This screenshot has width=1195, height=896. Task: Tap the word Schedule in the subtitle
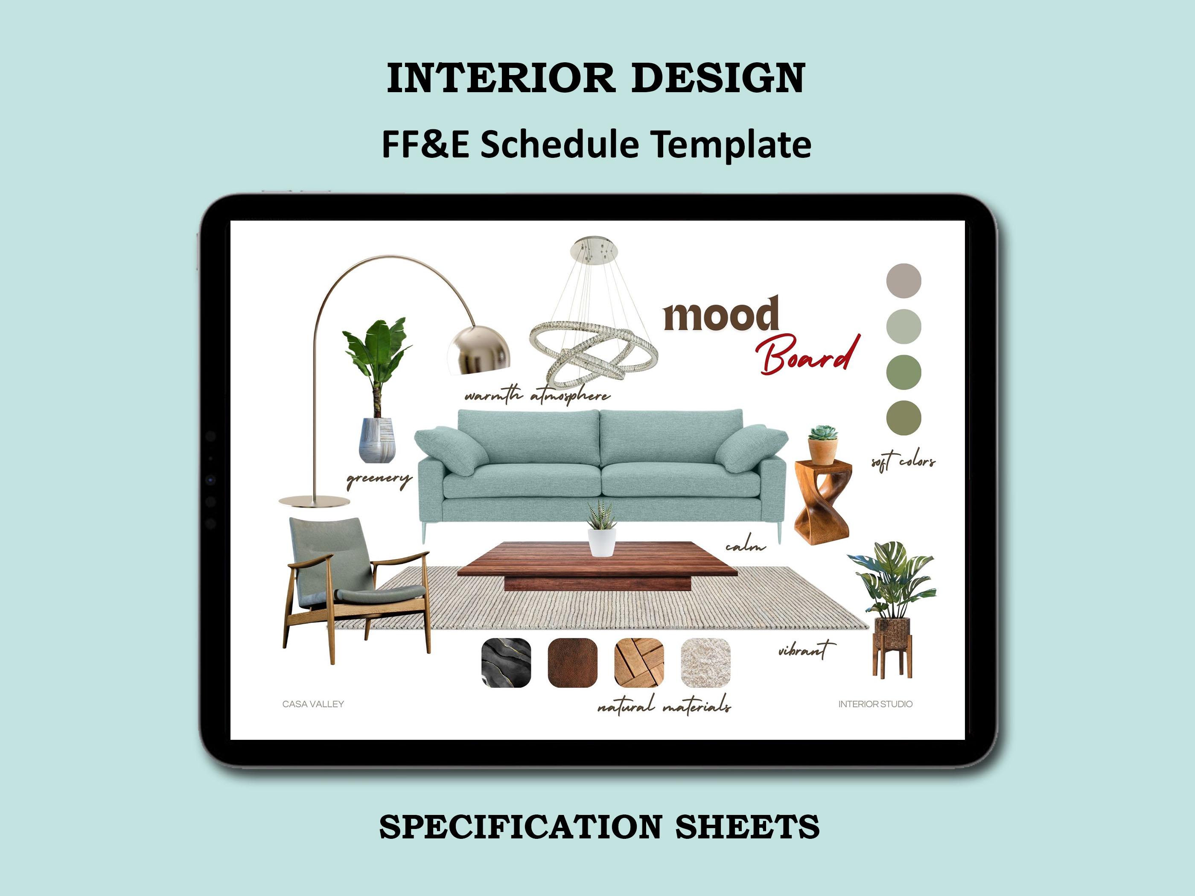[x=559, y=145]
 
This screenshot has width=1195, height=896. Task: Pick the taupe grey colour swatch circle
[x=903, y=281]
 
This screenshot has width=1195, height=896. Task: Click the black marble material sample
[x=506, y=663]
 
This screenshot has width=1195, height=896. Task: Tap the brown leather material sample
[x=573, y=663]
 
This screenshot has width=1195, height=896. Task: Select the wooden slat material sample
[x=639, y=663]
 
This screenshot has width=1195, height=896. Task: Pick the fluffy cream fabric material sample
[x=705, y=663]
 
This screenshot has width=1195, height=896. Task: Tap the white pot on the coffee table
[x=601, y=542]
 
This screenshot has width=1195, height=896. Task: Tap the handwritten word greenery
[x=378, y=479]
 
